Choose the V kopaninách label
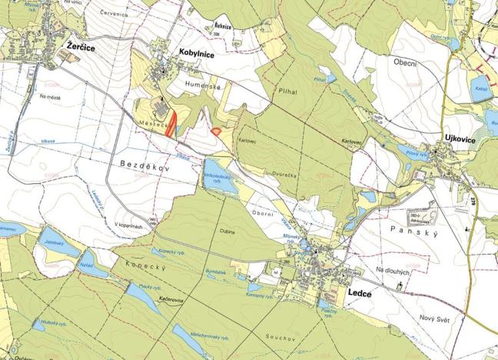[129, 225]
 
